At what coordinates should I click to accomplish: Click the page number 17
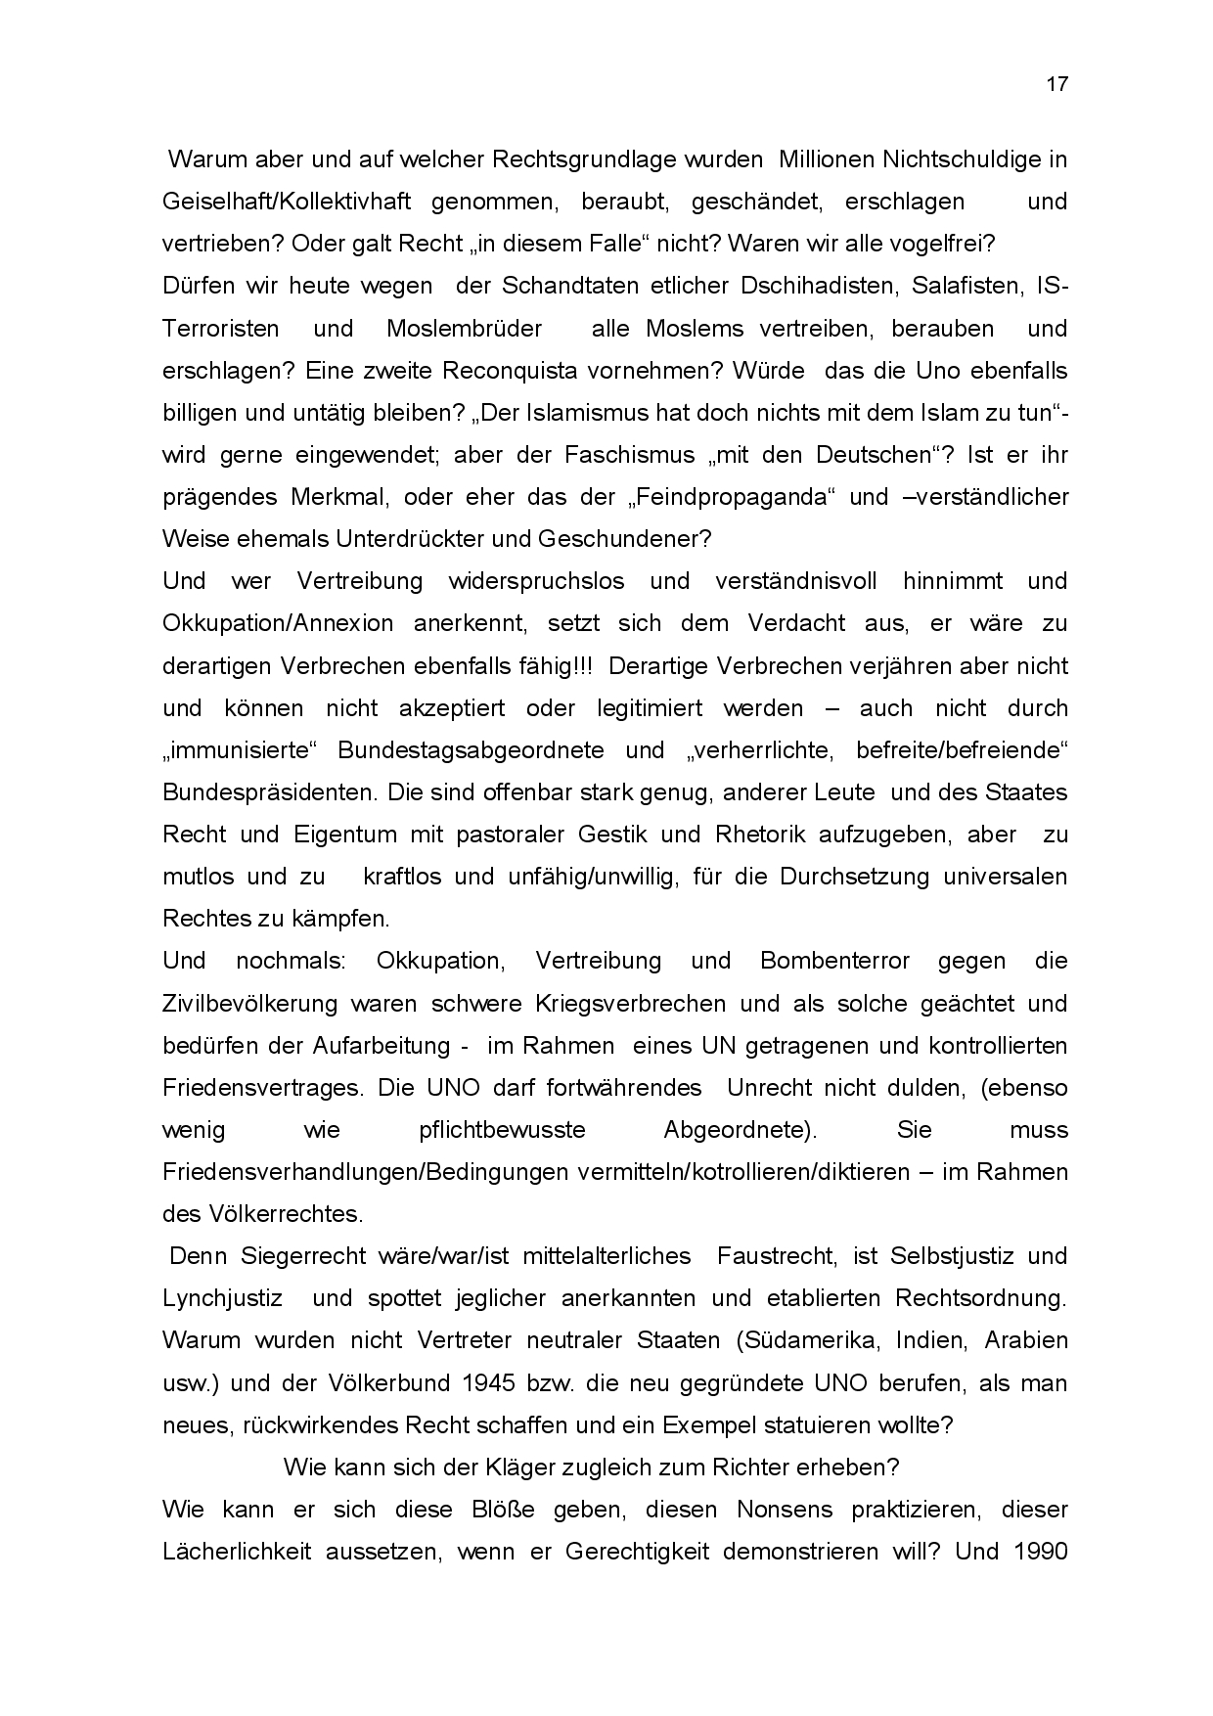click(1056, 84)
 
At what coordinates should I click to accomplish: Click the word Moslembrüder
click(464, 328)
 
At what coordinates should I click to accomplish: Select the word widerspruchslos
click(536, 581)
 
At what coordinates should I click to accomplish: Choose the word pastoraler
click(511, 835)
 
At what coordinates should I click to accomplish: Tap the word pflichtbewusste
click(502, 1130)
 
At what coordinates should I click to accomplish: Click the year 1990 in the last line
click(1040, 1552)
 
